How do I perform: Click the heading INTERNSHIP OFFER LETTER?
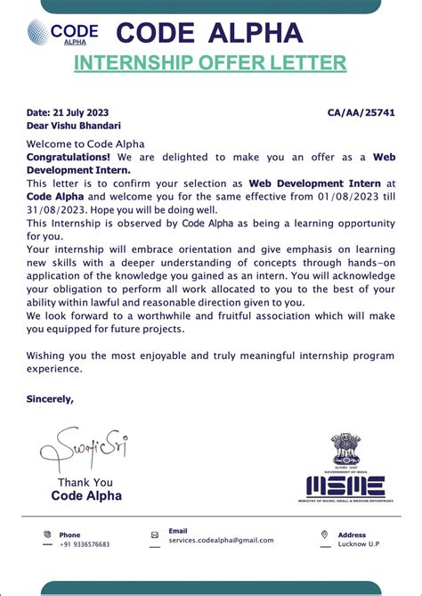click(x=209, y=62)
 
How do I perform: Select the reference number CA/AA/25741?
click(x=361, y=113)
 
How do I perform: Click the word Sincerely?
click(x=50, y=399)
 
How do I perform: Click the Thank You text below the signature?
click(x=85, y=483)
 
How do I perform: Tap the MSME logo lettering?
click(x=345, y=486)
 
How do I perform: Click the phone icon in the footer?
click(x=46, y=535)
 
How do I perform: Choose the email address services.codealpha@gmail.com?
click(x=221, y=540)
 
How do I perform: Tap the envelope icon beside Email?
click(x=155, y=535)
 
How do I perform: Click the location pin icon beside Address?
click(x=324, y=535)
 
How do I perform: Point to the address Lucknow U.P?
click(x=359, y=543)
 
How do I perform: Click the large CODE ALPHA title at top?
click(x=209, y=33)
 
